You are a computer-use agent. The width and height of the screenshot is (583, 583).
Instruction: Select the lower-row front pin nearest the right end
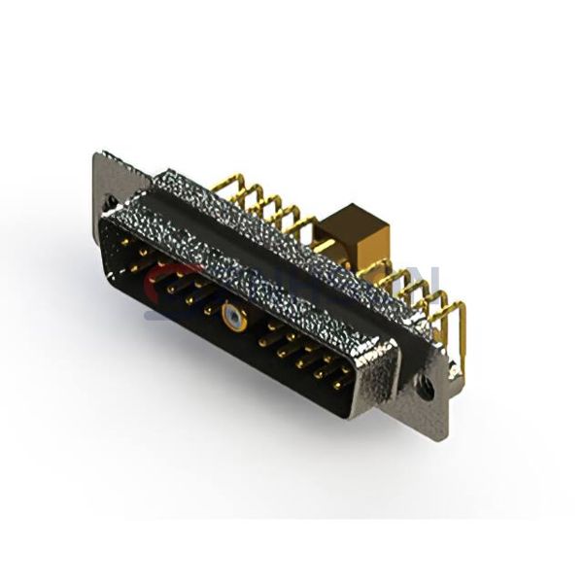coord(337,385)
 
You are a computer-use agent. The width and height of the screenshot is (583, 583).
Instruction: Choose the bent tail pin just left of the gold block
coord(309,228)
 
